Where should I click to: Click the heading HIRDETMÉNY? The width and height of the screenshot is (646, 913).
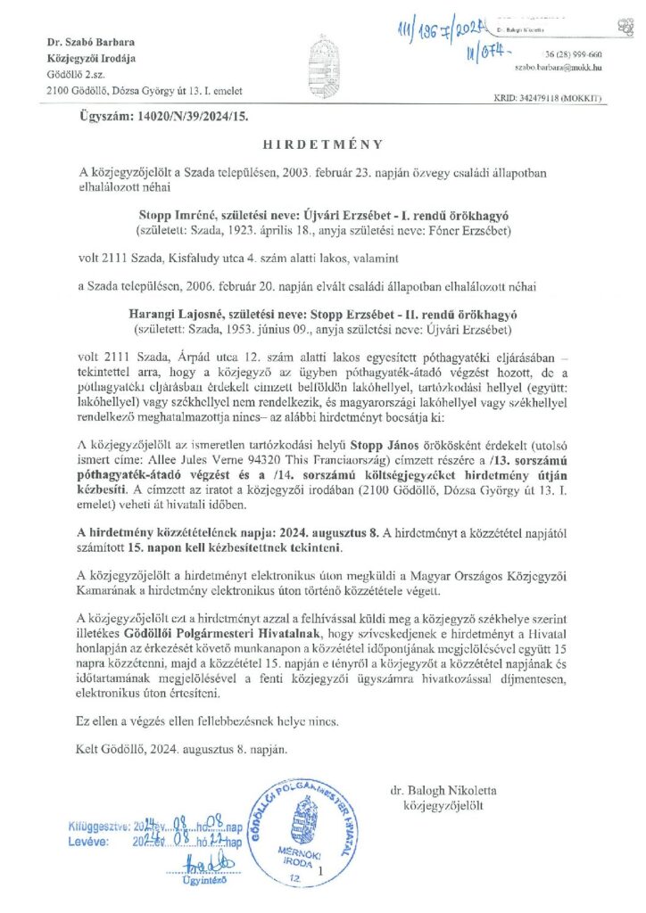pyautogui.click(x=323, y=144)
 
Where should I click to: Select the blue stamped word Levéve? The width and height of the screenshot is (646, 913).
pyautogui.click(x=87, y=840)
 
